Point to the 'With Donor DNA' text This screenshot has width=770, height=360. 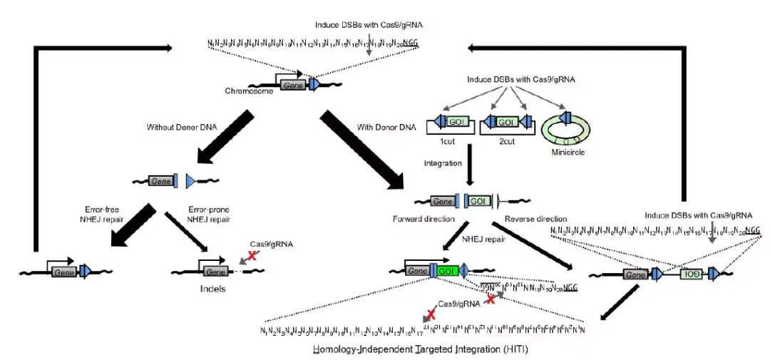click(x=385, y=128)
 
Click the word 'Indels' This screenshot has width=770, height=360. click(x=212, y=289)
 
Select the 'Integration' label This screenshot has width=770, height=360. click(x=443, y=163)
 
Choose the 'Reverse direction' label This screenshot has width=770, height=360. click(x=535, y=218)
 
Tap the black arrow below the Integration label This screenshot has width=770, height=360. click(x=470, y=167)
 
